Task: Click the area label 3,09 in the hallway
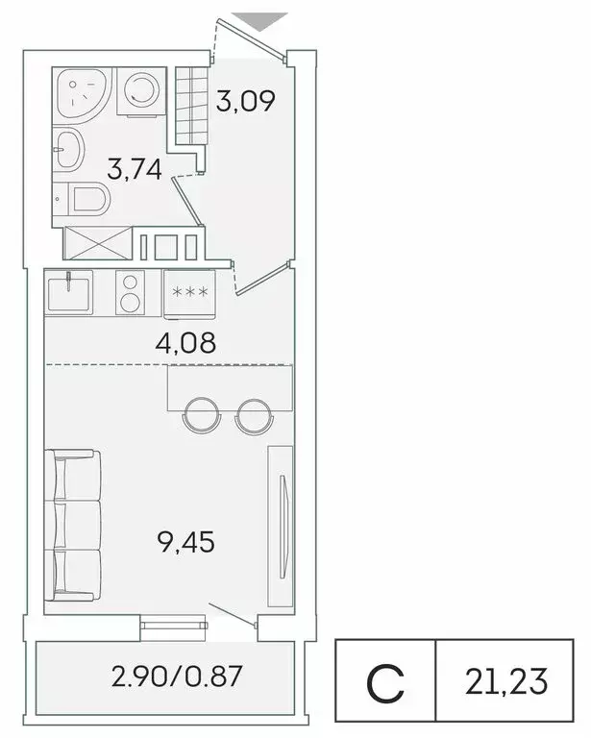click(x=246, y=100)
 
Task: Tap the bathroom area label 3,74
click(x=134, y=170)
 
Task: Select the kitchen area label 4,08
click(x=186, y=341)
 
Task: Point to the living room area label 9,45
click(x=186, y=541)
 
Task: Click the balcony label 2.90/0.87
click(x=177, y=677)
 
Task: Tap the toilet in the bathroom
click(x=87, y=200)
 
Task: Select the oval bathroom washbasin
click(x=70, y=149)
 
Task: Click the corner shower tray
click(x=84, y=94)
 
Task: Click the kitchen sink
click(x=68, y=292)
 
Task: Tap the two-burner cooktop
click(x=129, y=291)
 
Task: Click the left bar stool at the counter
click(x=203, y=413)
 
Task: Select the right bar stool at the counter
click(x=252, y=413)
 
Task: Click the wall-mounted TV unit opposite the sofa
click(x=282, y=529)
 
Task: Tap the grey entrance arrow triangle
click(x=260, y=18)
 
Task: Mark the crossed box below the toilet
click(x=96, y=241)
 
